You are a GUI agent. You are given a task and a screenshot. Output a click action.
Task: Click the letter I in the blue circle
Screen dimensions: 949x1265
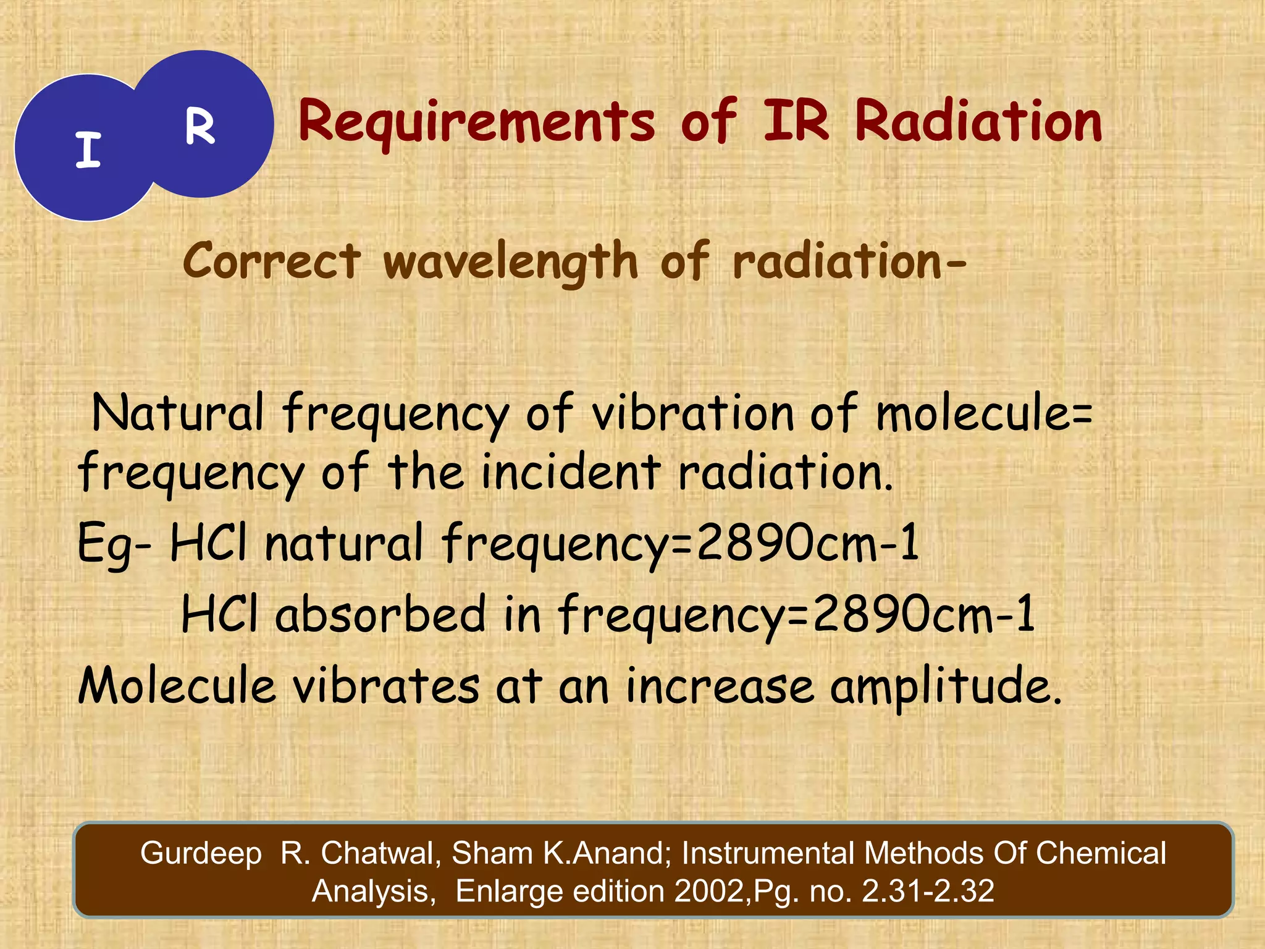click(x=88, y=150)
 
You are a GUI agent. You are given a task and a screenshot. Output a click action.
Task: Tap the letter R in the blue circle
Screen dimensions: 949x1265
click(x=200, y=127)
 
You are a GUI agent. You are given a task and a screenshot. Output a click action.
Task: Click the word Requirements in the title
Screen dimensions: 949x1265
click(x=476, y=122)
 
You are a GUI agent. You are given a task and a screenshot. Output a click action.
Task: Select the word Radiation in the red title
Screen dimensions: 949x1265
click(x=978, y=122)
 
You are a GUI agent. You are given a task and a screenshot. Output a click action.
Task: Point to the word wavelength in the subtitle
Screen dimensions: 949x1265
click(x=510, y=262)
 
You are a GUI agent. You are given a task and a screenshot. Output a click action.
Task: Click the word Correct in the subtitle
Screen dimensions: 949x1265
click(x=272, y=261)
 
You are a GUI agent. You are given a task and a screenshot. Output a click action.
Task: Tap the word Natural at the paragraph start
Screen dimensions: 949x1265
click(x=178, y=413)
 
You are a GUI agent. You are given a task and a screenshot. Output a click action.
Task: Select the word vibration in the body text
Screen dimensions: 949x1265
click(x=692, y=413)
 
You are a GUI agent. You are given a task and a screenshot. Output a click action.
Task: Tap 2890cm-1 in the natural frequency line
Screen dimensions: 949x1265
click(x=807, y=542)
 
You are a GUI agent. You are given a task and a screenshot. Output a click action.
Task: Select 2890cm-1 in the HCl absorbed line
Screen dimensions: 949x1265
click(x=923, y=614)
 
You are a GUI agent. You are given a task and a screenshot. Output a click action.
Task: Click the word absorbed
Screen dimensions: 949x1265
click(x=380, y=614)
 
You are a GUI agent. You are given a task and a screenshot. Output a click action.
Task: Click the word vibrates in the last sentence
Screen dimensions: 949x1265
click(x=385, y=686)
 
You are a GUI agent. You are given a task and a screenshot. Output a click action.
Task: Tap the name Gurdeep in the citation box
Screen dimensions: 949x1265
click(x=201, y=853)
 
